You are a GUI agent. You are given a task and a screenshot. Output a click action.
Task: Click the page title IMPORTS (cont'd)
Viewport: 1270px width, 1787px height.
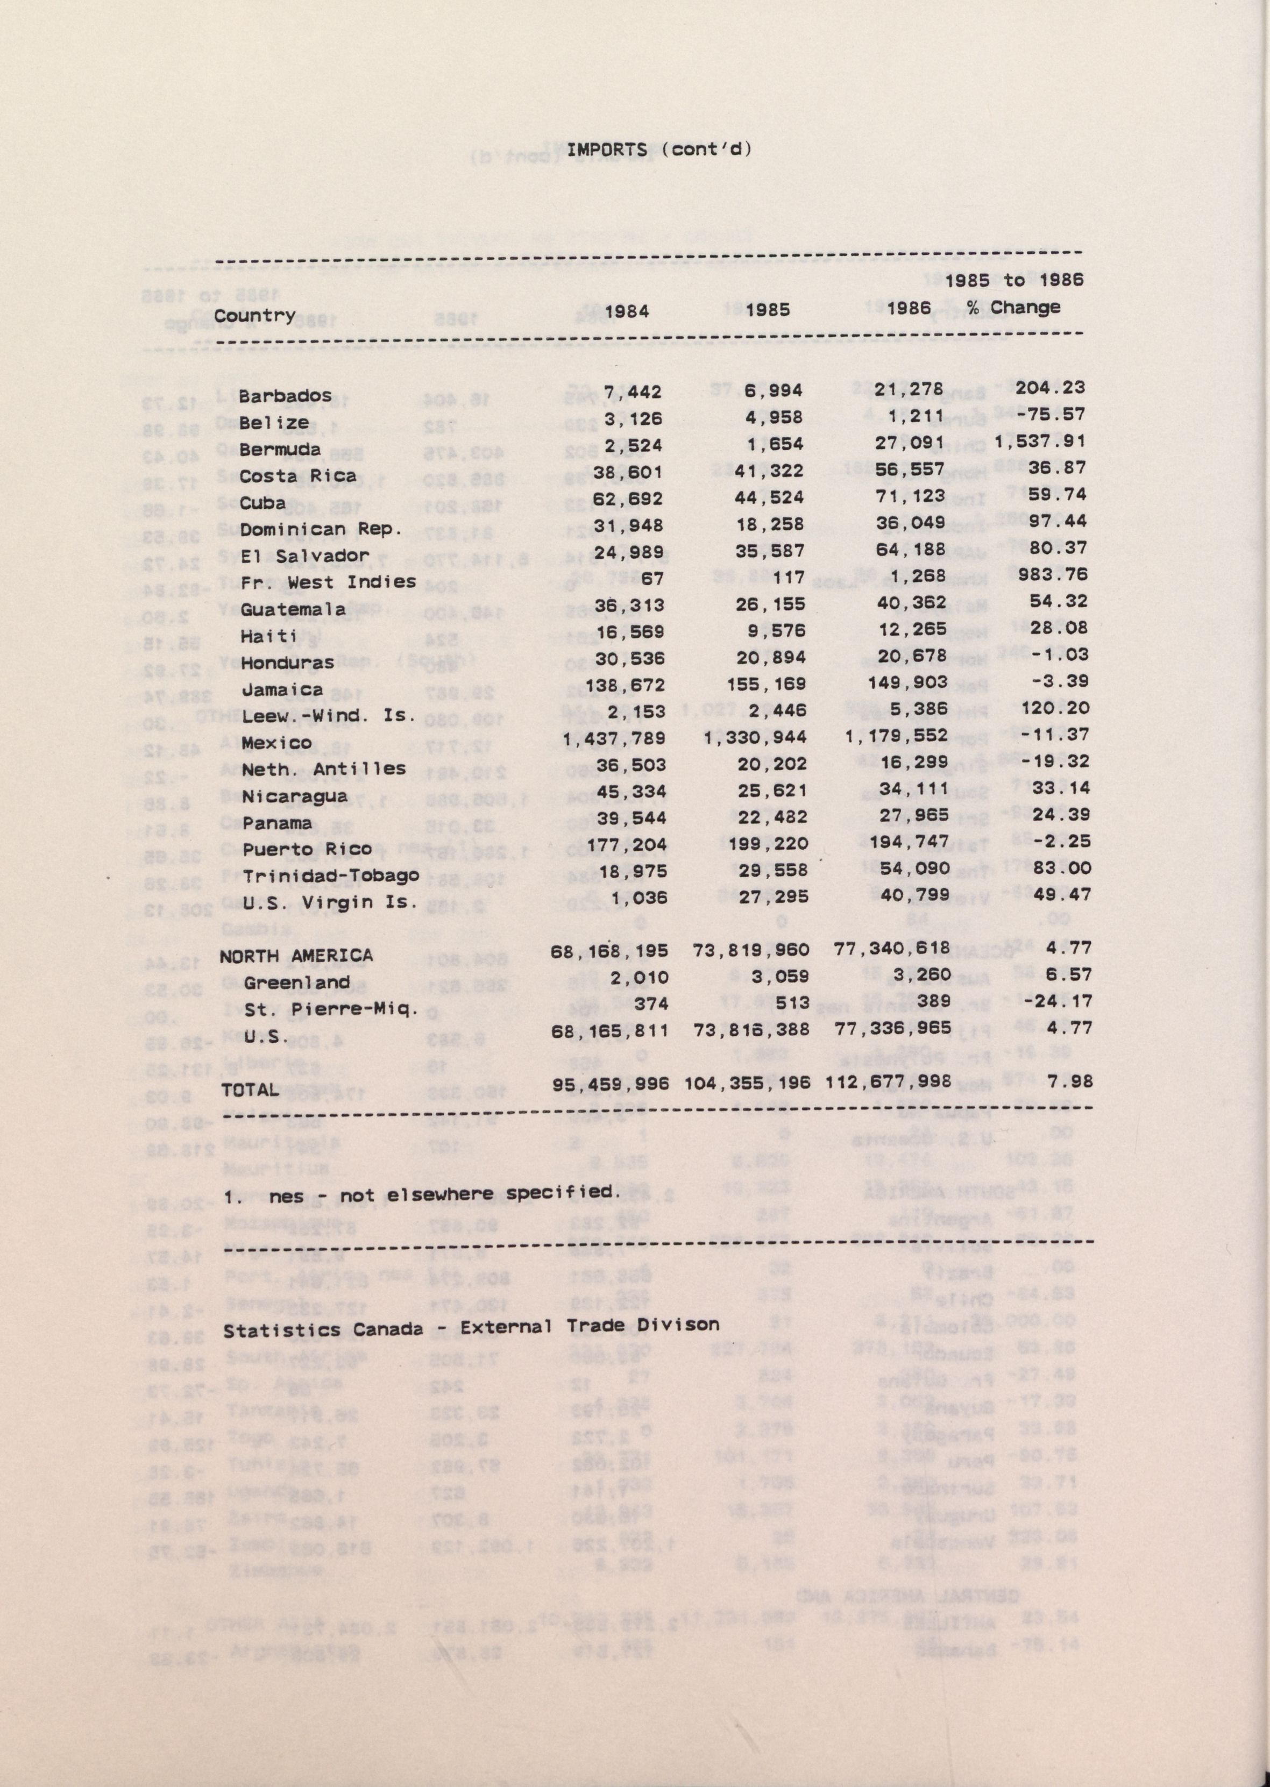coord(658,149)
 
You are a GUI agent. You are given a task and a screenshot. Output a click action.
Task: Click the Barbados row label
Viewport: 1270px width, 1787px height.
coord(285,396)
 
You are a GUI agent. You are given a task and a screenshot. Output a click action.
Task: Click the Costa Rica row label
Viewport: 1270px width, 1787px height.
coord(297,476)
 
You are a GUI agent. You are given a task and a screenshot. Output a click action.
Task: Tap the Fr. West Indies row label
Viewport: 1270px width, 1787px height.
coord(328,582)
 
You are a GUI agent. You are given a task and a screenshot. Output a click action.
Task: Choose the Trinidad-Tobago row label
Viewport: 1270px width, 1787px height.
coord(330,875)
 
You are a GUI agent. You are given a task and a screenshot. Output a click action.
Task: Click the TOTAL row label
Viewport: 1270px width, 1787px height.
coord(250,1090)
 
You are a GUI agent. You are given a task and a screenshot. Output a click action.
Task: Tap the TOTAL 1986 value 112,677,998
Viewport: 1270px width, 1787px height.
coord(889,1083)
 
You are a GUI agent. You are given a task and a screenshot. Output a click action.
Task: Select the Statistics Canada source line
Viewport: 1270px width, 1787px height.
coord(471,1327)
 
